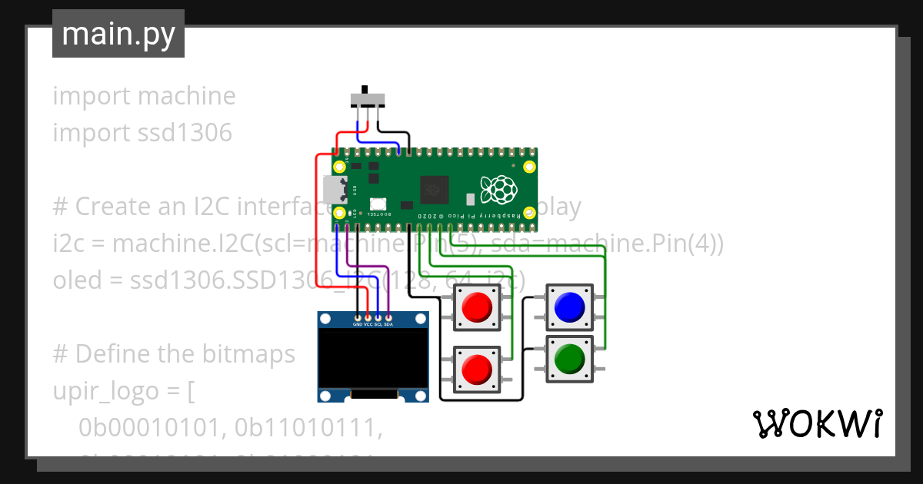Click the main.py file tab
[x=118, y=34]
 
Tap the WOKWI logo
[x=816, y=423]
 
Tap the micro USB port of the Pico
[x=335, y=190]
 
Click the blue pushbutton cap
[x=568, y=307]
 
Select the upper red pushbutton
[x=477, y=308]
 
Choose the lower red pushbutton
[x=477, y=370]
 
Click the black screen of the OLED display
[x=373, y=359]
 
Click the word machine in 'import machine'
[x=187, y=96]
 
